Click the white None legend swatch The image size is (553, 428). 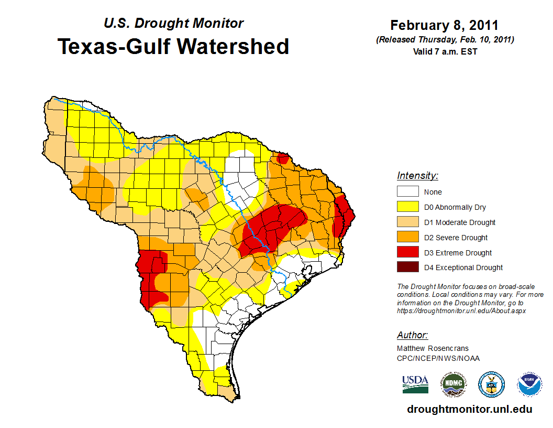[x=407, y=192]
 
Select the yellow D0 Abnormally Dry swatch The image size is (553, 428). [x=407, y=207]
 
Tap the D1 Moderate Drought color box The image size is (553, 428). [x=407, y=222]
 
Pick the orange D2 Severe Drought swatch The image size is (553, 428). [x=407, y=238]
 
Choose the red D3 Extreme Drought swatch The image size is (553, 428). [x=407, y=253]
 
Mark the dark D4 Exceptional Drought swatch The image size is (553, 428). [x=407, y=267]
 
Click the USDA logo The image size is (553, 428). [x=415, y=384]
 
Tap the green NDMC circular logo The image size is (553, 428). [x=453, y=384]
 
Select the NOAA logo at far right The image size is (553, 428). [x=529, y=384]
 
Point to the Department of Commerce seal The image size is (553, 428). [x=492, y=384]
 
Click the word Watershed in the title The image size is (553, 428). [x=234, y=46]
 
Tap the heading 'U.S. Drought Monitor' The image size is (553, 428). [x=173, y=24]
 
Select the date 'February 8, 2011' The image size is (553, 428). [x=444, y=25]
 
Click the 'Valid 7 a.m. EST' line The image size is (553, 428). [x=444, y=51]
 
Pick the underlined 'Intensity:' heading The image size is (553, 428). [x=417, y=176]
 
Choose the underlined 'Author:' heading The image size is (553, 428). [x=412, y=335]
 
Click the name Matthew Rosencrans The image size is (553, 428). [x=433, y=348]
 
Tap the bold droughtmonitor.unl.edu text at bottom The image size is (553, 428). [x=469, y=409]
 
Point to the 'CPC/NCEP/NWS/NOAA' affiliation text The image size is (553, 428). [x=438, y=358]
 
